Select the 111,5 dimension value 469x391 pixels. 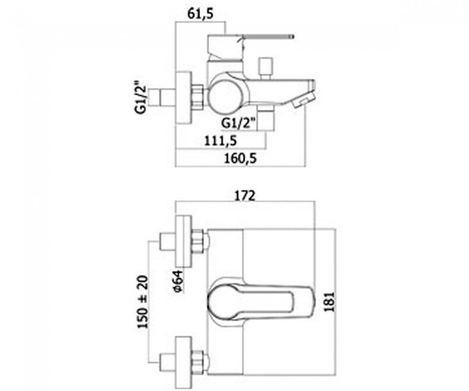[x=221, y=140]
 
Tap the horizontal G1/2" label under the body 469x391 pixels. [x=239, y=123]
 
